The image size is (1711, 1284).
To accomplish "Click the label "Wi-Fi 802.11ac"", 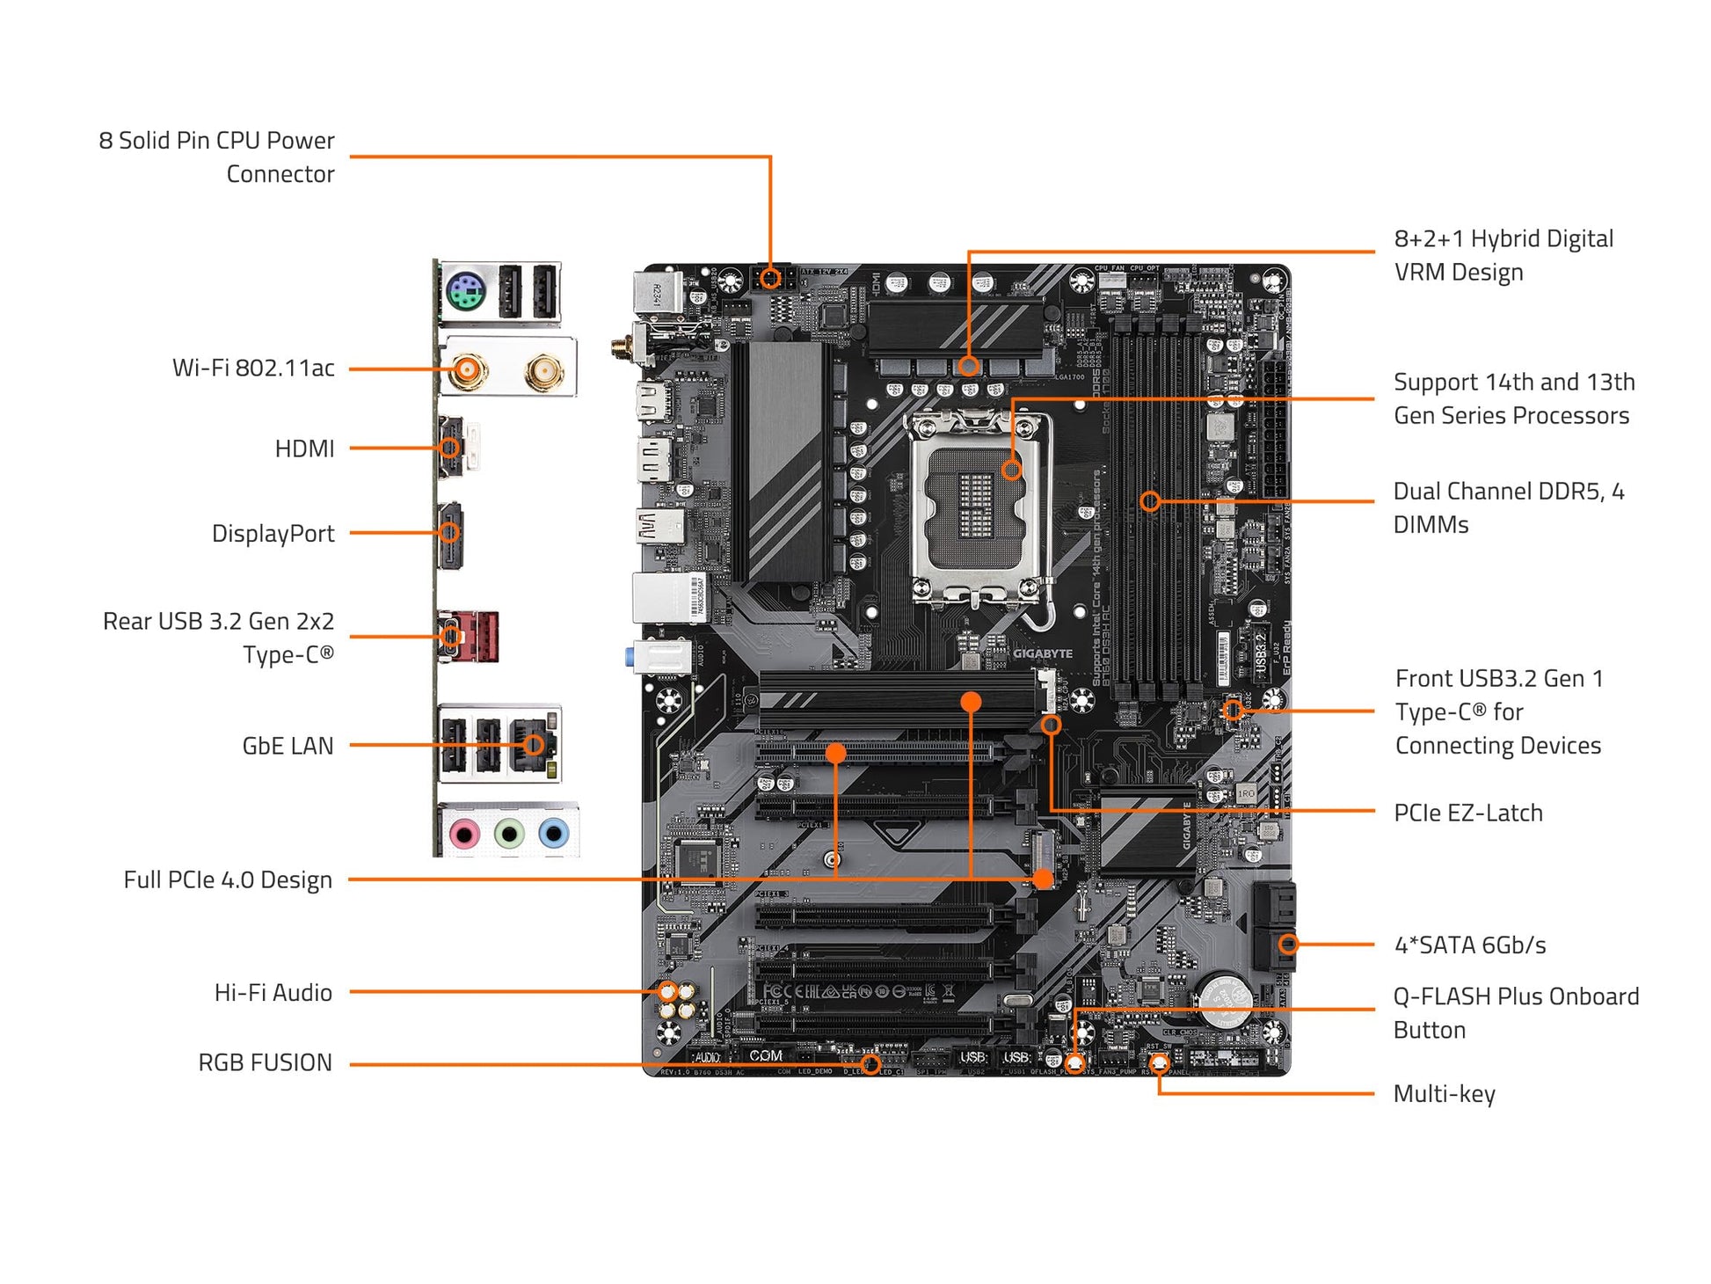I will tap(253, 368).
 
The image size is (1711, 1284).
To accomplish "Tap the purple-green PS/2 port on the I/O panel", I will tap(466, 293).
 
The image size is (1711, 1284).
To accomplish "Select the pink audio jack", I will tap(464, 831).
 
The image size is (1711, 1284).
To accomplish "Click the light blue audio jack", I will tap(553, 831).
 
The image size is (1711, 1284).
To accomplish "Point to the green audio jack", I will tap(509, 831).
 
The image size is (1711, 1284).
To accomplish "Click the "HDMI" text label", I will tap(304, 449).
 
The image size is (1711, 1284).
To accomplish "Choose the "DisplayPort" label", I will tap(273, 533).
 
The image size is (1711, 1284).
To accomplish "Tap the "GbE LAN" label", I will tap(288, 746).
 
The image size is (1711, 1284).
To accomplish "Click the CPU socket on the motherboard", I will tap(977, 505).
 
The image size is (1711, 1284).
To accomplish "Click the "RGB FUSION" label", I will tap(265, 1062).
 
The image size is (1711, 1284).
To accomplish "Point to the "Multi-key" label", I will tap(1444, 1094).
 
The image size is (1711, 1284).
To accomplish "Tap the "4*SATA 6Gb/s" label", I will tap(1470, 945).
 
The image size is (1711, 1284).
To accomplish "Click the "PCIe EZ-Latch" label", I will tap(1467, 813).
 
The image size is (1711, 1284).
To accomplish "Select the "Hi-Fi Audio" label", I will tap(273, 992).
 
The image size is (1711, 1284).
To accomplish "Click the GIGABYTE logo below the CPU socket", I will tap(1043, 653).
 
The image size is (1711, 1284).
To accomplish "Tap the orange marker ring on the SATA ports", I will tap(1288, 945).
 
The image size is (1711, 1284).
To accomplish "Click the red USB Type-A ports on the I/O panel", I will tap(480, 636).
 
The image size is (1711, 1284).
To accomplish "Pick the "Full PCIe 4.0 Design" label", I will tap(228, 879).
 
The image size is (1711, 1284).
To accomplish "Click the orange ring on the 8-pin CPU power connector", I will tap(770, 279).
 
